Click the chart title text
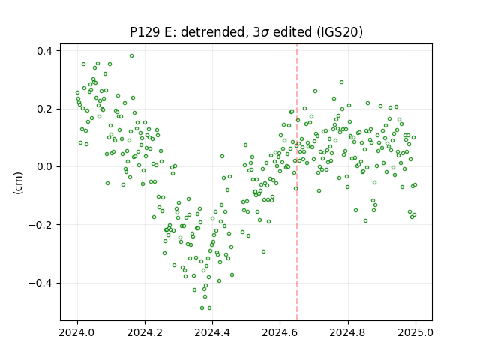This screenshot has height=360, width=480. pyautogui.click(x=247, y=32)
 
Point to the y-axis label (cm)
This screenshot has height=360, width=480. pyautogui.click(x=18, y=183)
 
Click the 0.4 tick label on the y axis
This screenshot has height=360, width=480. pyautogui.click(x=44, y=51)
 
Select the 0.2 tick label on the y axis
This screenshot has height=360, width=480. pyautogui.click(x=44, y=109)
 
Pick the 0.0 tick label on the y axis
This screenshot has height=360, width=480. pyautogui.click(x=44, y=167)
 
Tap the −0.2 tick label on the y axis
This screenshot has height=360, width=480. pyautogui.click(x=40, y=225)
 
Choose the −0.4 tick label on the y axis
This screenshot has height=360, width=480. pyautogui.click(x=40, y=283)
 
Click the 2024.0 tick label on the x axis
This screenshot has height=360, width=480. pyautogui.click(x=77, y=332)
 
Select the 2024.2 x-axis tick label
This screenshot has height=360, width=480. pyautogui.click(x=145, y=332)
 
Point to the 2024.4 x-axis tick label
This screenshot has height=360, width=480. pyautogui.click(x=212, y=332)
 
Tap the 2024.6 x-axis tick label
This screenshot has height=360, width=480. pyautogui.click(x=280, y=332)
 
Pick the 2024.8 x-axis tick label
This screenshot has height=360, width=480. pyautogui.click(x=348, y=332)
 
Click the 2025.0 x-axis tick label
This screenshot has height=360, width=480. pyautogui.click(x=415, y=332)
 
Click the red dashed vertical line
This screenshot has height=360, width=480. pyautogui.click(x=297, y=182)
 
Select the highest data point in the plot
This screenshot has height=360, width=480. pyautogui.click(x=132, y=56)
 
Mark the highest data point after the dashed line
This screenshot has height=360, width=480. pyautogui.click(x=342, y=82)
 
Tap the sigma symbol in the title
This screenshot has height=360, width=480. pyautogui.click(x=265, y=33)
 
